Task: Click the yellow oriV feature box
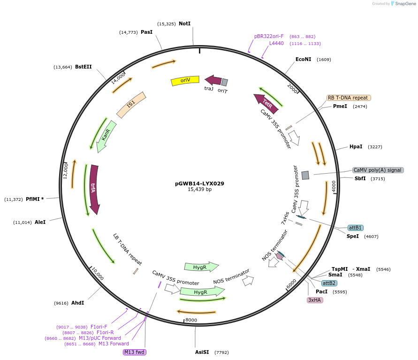coord(186,80)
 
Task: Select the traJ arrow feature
coord(213,80)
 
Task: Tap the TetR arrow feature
coord(266,103)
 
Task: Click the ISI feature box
coord(131,105)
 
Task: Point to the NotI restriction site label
coord(185,23)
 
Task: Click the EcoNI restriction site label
coord(303,59)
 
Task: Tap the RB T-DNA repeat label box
coord(349,98)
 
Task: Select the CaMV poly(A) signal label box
coord(378,170)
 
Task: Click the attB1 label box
coord(355,228)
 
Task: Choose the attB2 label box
coord(329,283)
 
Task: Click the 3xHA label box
coord(315,299)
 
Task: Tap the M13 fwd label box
coord(134,352)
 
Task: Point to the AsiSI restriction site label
coord(202,352)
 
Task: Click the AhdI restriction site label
coord(77,303)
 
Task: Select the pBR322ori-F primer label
coord(269,36)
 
